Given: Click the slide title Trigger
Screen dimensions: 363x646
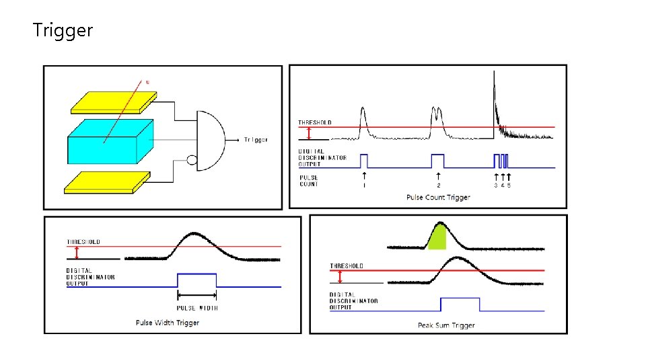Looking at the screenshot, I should (63, 30).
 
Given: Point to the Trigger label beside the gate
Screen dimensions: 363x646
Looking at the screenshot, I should (256, 140).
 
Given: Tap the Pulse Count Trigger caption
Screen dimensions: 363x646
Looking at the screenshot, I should (438, 197).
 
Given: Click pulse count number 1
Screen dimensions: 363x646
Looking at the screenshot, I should (364, 185).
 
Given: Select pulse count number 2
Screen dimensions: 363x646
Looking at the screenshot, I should (439, 185).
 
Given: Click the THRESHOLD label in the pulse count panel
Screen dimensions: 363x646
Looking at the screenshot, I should (315, 122).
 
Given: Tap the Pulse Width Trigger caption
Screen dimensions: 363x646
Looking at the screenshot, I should (168, 323).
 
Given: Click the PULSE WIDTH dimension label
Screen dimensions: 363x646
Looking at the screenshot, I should (196, 308).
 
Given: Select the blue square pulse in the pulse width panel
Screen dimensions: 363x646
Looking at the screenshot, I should (196, 280).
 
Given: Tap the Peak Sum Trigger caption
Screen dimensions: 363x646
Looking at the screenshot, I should (446, 325).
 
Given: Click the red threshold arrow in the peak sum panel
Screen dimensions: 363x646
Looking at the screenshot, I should (340, 277).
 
